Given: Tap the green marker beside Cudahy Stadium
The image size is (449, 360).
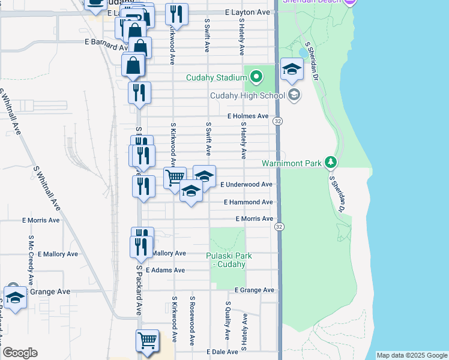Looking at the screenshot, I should click(x=257, y=77).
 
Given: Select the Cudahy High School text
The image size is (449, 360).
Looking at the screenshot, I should click(x=247, y=95).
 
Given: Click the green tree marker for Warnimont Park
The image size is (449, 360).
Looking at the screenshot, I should click(x=330, y=163).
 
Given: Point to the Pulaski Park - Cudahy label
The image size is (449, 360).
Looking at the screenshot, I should click(x=229, y=260).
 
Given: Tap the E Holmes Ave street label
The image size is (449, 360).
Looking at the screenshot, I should click(x=248, y=116).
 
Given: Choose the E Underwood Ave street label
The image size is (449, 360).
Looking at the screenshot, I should click(x=246, y=185).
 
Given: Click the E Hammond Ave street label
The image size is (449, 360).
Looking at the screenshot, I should click(x=248, y=203).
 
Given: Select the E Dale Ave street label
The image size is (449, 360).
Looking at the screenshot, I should click(x=223, y=352).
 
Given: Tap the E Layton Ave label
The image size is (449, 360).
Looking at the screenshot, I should click(x=248, y=12).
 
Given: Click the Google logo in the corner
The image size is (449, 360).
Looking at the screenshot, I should click(x=20, y=353).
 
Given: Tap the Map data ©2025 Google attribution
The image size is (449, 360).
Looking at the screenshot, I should click(x=411, y=356).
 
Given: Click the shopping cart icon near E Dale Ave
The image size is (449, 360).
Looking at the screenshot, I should click(x=147, y=341).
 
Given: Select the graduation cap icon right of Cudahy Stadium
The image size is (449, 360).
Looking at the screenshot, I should click(x=292, y=69).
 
